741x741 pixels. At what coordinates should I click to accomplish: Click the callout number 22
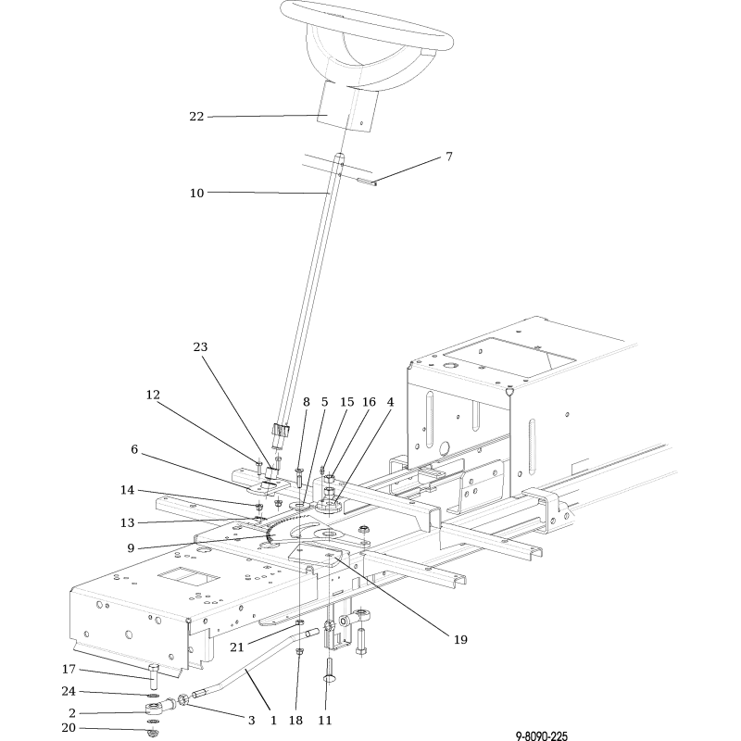[x=196, y=117]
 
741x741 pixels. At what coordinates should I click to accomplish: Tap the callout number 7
[x=449, y=156]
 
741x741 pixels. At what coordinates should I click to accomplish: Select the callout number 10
[x=196, y=193]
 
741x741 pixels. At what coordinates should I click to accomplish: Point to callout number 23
[x=200, y=346]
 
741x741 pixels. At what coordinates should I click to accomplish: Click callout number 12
[x=153, y=396]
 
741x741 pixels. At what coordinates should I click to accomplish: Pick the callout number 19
[x=460, y=639]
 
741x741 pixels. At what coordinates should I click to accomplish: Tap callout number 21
[x=237, y=647]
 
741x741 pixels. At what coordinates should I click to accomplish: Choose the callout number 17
[x=69, y=669]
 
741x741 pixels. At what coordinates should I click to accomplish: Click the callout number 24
[x=69, y=691]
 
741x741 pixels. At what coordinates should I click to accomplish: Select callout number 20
[x=69, y=728]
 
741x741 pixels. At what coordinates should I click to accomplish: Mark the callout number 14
[x=127, y=490]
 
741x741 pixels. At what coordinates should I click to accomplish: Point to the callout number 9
[x=131, y=548]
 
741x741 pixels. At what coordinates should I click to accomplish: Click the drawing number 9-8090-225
[x=541, y=735]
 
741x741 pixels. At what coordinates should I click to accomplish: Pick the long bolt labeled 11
[x=329, y=670]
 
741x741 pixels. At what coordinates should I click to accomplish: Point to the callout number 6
[x=134, y=449]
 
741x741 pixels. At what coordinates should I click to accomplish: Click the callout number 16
[x=369, y=402]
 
